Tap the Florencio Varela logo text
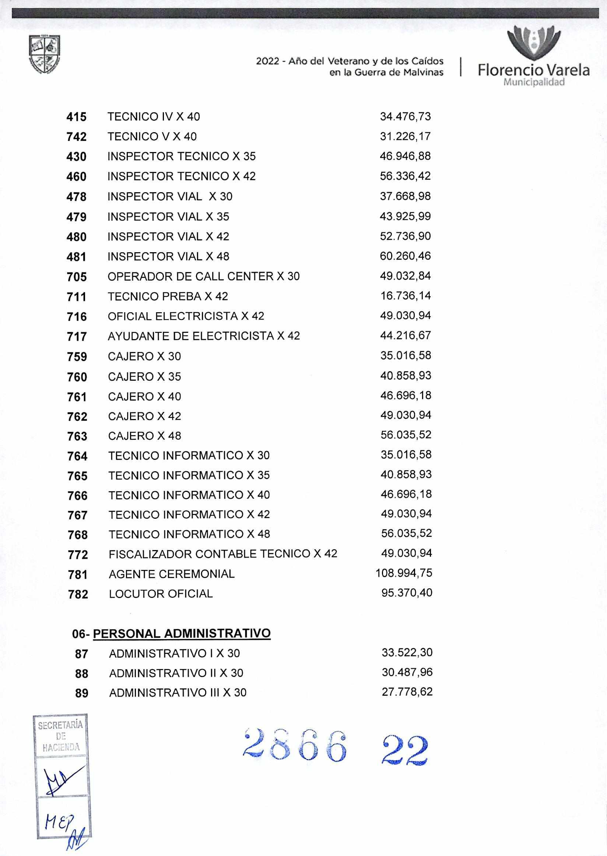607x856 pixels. click(533, 70)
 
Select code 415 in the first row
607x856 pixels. click(76, 117)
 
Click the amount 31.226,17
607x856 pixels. click(405, 136)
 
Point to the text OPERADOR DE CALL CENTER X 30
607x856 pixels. click(203, 276)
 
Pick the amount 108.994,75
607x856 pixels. click(404, 573)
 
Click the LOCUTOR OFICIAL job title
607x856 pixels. click(161, 594)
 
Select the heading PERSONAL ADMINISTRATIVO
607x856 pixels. click(182, 633)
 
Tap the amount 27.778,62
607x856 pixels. click(407, 692)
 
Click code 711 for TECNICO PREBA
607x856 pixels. click(77, 297)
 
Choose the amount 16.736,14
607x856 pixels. click(405, 296)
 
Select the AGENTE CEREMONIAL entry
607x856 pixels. click(172, 574)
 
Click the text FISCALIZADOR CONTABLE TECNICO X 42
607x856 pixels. click(223, 554)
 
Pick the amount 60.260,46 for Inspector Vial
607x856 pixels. click(405, 256)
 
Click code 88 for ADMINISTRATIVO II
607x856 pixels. click(81, 674)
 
